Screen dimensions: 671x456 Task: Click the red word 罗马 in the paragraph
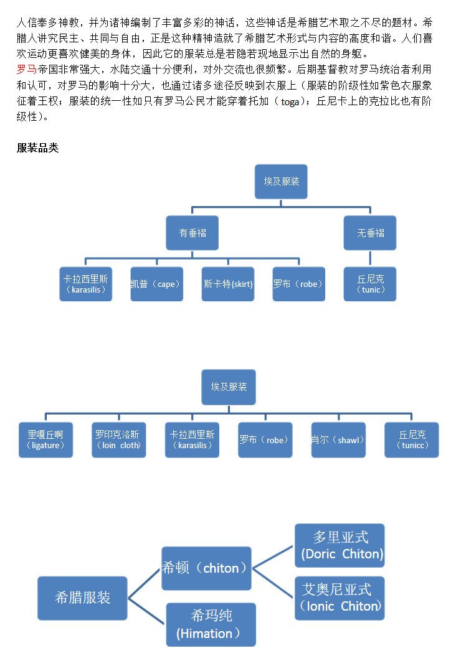(26, 69)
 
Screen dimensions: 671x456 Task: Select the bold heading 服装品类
(37, 148)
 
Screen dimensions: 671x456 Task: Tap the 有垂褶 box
(192, 233)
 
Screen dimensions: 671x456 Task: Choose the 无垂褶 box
(370, 233)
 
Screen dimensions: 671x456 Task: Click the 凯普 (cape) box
(156, 284)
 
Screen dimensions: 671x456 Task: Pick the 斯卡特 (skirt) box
(228, 284)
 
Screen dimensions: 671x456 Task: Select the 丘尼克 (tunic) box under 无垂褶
(370, 284)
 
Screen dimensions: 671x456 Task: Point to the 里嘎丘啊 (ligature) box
(45, 440)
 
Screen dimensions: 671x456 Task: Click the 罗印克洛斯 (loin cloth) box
(118, 440)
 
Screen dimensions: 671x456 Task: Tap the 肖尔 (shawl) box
(338, 440)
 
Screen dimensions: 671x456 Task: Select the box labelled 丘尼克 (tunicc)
(411, 440)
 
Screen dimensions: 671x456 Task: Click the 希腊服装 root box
(83, 598)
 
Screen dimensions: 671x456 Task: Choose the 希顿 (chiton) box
(206, 568)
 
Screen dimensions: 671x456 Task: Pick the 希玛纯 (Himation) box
(211, 624)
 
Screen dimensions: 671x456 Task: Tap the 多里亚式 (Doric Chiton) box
(340, 545)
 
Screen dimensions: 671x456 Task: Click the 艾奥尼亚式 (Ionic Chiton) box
(340, 598)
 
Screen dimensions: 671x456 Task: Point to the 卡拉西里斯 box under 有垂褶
(86, 284)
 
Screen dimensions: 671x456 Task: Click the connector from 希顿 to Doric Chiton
(273, 557)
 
